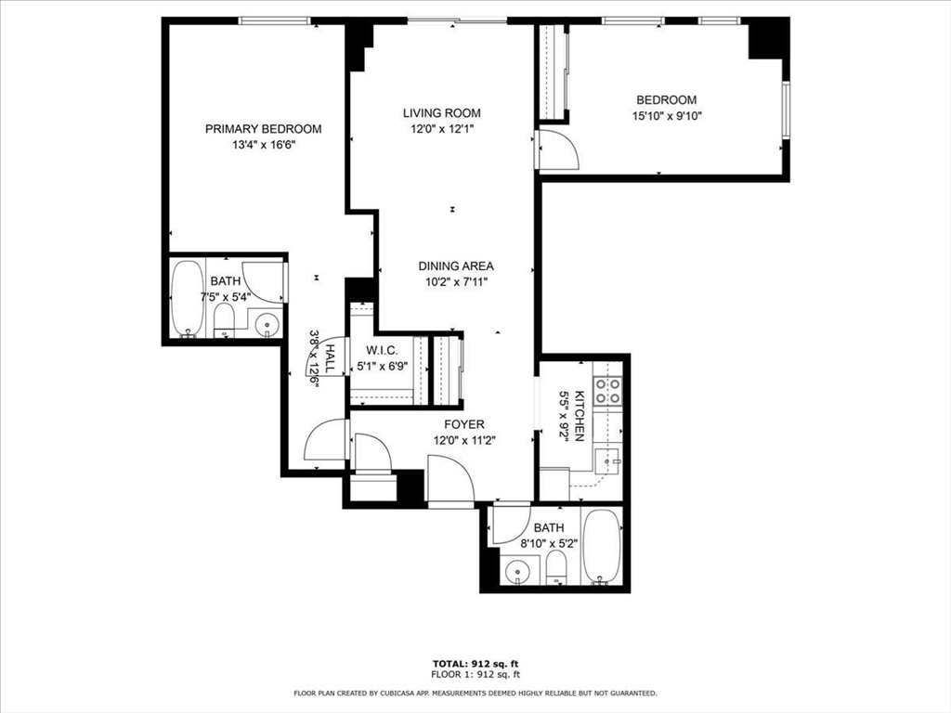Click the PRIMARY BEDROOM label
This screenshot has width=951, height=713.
(x=263, y=129)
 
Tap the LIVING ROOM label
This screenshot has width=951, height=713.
(x=441, y=113)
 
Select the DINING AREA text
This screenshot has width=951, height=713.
(x=455, y=266)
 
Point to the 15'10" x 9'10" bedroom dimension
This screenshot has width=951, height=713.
(x=665, y=117)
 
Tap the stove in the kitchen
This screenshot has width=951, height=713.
(x=607, y=391)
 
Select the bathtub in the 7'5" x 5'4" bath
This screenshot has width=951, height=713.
(x=189, y=298)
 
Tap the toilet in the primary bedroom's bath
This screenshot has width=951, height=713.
(x=225, y=321)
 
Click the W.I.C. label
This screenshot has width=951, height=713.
(x=382, y=351)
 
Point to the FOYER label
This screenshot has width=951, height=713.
(x=463, y=424)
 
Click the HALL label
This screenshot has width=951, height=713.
(x=329, y=358)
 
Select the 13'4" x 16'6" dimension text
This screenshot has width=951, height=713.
(x=263, y=145)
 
